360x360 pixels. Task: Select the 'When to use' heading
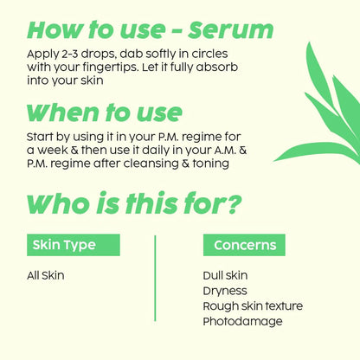[105, 112]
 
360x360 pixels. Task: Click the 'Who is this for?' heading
[134, 204]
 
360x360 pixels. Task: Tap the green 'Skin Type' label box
[64, 245]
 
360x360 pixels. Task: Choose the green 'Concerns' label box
[244, 245]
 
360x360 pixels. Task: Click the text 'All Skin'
[46, 276]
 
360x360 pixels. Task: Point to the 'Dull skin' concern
[224, 276]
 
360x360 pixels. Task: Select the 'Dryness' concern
[224, 291]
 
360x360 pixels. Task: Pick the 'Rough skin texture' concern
[253, 306]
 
